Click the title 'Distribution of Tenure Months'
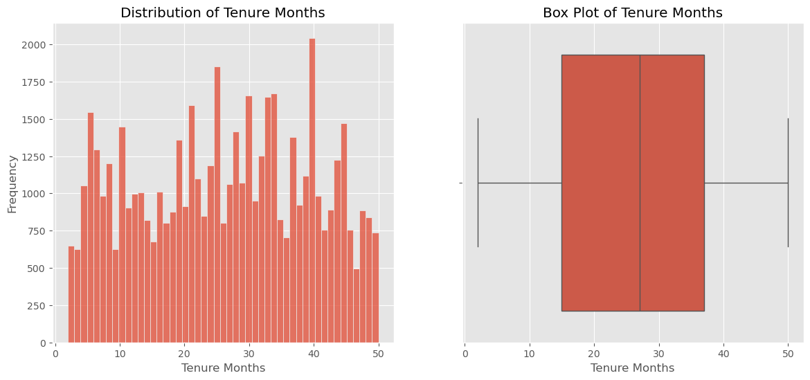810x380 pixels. (222, 13)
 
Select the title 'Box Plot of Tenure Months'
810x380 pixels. (632, 13)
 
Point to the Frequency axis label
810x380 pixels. (12, 183)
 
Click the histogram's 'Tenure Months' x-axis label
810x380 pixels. (223, 368)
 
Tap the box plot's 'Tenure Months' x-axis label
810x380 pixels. (632, 368)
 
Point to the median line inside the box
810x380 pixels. (640, 183)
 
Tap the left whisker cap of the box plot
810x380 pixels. (478, 183)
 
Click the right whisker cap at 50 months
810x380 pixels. (788, 183)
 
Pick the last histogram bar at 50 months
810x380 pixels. (375, 288)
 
